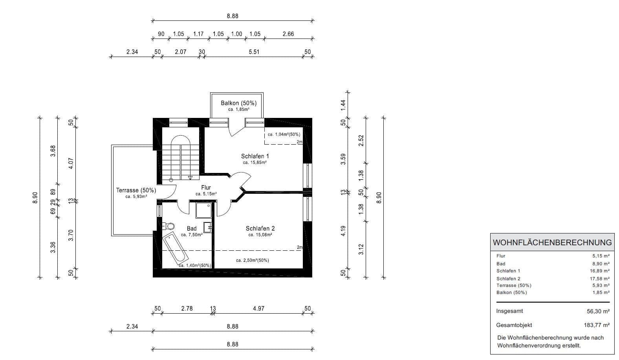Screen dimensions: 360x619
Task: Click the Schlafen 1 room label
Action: (255, 156)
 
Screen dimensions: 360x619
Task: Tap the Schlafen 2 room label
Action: (260, 228)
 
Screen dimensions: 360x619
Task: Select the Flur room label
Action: (206, 188)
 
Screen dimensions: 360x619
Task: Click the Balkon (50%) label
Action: (238, 103)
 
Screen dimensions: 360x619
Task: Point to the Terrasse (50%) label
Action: (136, 190)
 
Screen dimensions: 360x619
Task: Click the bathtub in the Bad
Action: (175, 249)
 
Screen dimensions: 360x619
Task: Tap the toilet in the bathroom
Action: (169, 226)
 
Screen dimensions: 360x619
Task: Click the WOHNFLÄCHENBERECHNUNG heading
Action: (552, 242)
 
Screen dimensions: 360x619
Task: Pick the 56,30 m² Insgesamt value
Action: (598, 311)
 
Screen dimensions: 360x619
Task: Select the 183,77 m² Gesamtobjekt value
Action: (596, 325)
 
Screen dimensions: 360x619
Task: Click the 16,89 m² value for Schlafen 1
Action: (600, 271)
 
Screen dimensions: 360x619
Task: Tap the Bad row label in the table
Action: (501, 264)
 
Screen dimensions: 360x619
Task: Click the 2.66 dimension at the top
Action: (288, 34)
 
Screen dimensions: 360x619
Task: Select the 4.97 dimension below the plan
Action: (258, 309)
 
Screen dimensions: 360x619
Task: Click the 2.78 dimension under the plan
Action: (187, 309)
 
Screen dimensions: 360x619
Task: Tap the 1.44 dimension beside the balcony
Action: (343, 104)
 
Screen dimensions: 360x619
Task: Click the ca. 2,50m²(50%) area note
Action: (252, 260)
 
